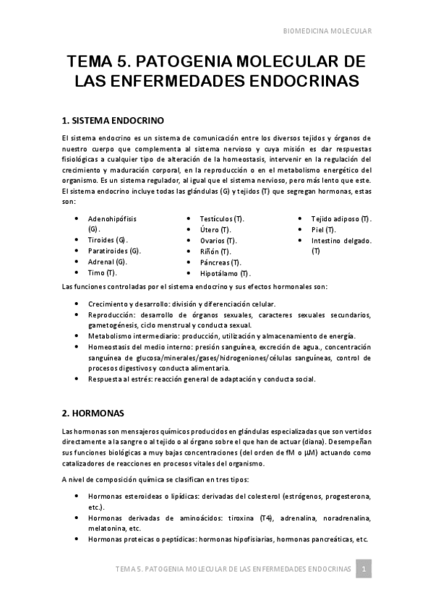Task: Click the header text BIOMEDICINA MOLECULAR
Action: click(326, 31)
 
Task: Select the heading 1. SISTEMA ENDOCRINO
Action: click(113, 119)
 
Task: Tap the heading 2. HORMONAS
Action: click(93, 413)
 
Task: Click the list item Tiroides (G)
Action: click(108, 239)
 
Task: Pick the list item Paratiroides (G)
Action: click(114, 251)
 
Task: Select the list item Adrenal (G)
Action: click(108, 262)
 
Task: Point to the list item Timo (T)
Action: click(103, 273)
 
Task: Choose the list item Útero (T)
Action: click(215, 229)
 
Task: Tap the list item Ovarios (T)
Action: click(218, 240)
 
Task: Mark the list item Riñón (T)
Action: click(215, 251)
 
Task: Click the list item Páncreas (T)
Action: click(220, 262)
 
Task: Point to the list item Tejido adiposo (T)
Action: click(341, 218)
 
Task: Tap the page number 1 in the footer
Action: click(366, 570)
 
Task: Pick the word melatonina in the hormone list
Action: click(108, 528)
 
